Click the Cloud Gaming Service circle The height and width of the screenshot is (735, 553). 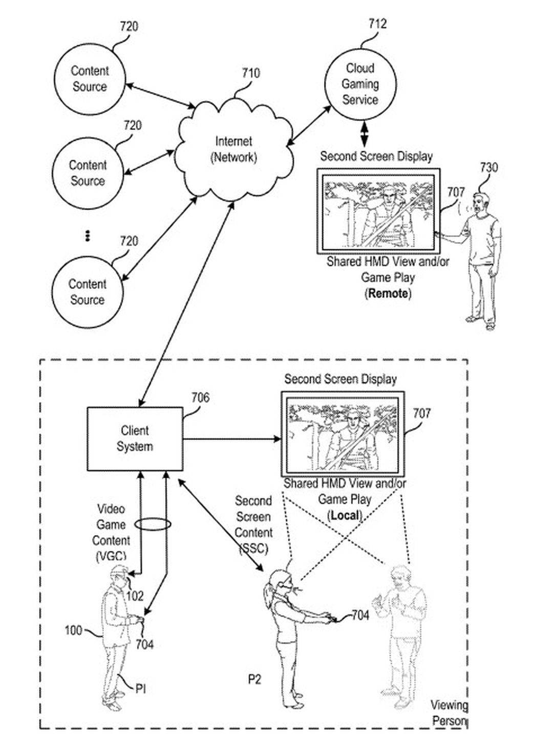point(360,84)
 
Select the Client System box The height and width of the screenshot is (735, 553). point(135,439)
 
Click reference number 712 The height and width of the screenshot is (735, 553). point(377,24)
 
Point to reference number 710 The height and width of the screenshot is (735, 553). point(250,73)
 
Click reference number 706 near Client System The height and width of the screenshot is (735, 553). point(200,398)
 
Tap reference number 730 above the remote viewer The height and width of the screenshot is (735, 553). point(488,168)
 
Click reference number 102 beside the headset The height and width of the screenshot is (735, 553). point(135,596)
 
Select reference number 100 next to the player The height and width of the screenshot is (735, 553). point(73,629)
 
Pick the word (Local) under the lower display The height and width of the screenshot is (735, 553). point(345,515)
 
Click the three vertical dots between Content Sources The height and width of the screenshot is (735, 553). point(88,236)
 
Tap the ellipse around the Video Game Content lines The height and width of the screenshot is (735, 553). point(153,524)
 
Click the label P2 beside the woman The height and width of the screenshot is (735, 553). point(254,679)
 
